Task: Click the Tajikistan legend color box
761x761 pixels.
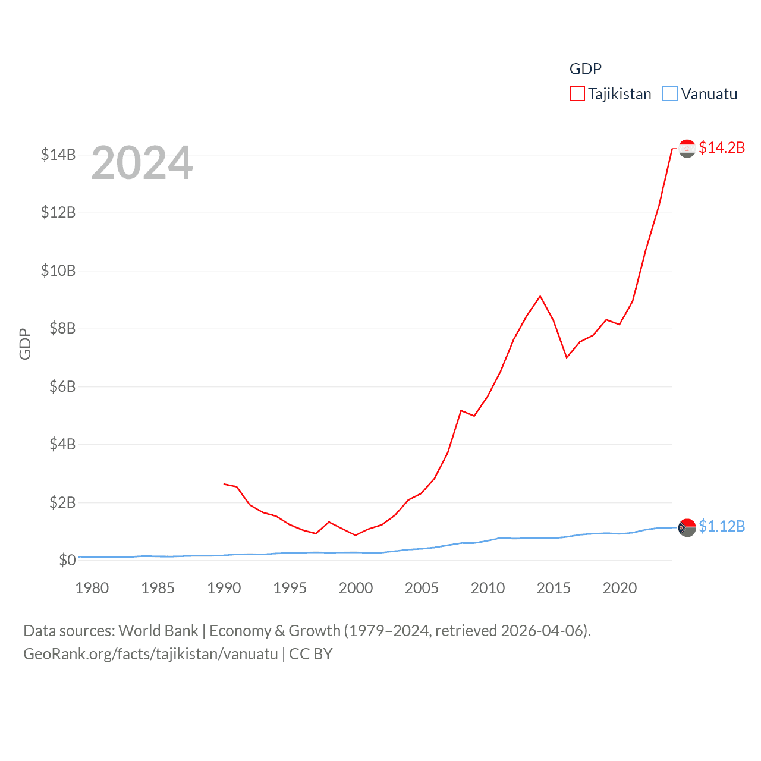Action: (577, 94)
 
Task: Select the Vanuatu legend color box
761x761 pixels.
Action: (669, 94)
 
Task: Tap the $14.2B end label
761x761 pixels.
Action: (722, 147)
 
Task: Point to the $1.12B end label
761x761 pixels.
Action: (722, 526)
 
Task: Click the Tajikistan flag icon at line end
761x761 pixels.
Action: (687, 149)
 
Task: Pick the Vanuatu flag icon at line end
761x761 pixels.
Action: (687, 527)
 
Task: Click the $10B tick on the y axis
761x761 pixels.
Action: (58, 271)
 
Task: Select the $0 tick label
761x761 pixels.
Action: (67, 560)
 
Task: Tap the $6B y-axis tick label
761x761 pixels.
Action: (62, 386)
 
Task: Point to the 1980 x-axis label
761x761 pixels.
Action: (92, 588)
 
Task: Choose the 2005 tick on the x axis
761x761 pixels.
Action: (422, 588)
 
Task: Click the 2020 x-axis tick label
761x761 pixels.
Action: (620, 588)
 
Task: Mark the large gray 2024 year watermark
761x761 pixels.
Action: (142, 163)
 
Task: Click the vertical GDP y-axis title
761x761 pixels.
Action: (25, 344)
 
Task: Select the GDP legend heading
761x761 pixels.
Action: (586, 69)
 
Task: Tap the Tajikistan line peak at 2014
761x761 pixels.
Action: (540, 296)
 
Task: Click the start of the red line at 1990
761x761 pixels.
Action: (224, 484)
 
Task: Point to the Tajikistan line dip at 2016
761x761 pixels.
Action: (567, 357)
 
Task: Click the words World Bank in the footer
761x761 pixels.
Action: (158, 631)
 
